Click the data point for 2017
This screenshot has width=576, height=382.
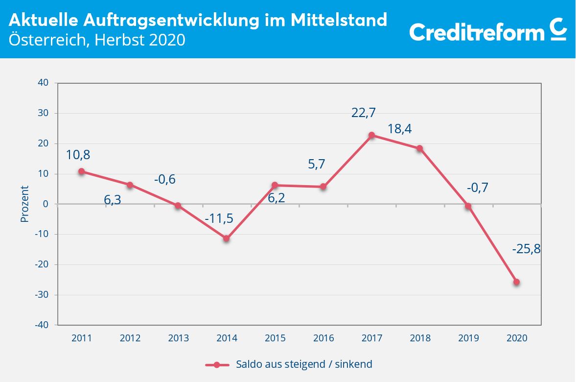[x=371, y=135]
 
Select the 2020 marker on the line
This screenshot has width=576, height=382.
[x=516, y=282]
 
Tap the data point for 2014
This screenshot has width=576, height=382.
[x=227, y=239]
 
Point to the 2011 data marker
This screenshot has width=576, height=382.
[x=82, y=171]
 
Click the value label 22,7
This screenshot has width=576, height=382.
[x=364, y=113]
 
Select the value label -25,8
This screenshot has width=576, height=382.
[x=526, y=249]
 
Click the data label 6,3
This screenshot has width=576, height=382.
[x=113, y=200]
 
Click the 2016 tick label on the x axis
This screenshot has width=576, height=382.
[x=323, y=338]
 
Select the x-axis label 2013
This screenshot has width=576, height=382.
[x=178, y=338]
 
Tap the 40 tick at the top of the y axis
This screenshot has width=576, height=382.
[x=43, y=83]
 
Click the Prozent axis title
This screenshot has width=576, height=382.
[x=24, y=204]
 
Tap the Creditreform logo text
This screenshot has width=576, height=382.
[x=477, y=32]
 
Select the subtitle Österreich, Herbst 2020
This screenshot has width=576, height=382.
[x=97, y=40]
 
